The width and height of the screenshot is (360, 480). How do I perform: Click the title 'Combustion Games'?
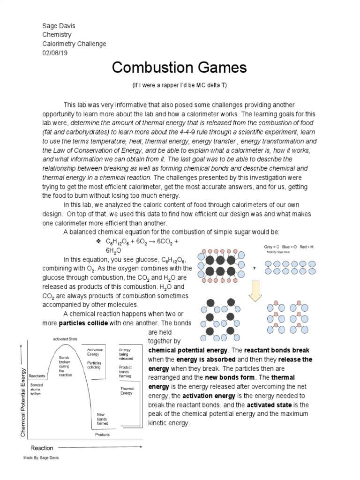point(180,68)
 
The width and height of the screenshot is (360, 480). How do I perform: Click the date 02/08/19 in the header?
point(55,52)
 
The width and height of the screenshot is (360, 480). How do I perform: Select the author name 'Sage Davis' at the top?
point(59,26)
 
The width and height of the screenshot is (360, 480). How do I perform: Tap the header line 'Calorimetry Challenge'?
point(74,44)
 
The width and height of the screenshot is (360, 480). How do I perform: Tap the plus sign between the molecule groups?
point(255,268)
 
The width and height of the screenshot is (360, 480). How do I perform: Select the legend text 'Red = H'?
point(306,247)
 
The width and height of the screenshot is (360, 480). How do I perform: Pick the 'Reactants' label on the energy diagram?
point(37,376)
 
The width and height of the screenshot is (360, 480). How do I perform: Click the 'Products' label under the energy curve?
point(102,435)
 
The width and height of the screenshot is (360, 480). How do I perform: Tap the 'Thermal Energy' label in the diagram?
point(127,391)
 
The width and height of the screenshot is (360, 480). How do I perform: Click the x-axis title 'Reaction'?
point(42,448)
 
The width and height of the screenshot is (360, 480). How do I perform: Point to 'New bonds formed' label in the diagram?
point(102,419)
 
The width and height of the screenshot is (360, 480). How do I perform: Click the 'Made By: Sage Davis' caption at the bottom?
point(41,457)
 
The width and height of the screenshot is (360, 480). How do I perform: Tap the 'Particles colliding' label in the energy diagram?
point(94,365)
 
